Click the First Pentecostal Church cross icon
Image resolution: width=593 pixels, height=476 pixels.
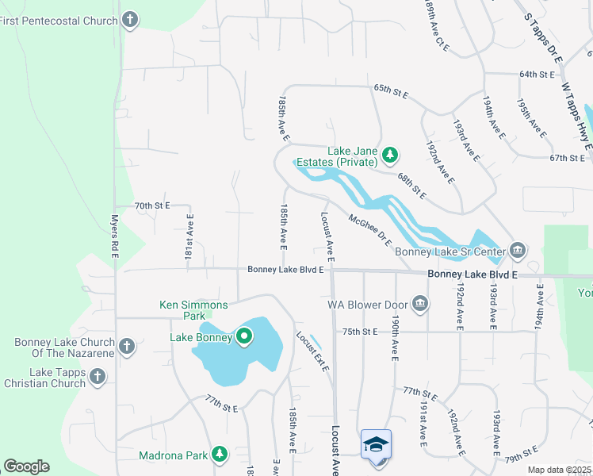pos(131,20)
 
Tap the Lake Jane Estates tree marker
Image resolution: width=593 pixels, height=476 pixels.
pos(389,154)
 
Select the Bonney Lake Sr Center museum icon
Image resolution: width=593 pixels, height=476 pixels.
pos(517,251)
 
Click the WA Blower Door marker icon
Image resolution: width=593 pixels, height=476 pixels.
pos(420,303)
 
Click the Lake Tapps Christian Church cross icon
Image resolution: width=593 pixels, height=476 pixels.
pos(98,377)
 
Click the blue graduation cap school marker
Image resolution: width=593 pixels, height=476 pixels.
pos(376,445)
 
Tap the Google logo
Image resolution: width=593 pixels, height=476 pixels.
pos(27,466)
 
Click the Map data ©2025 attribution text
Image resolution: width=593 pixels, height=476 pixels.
pos(559,470)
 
